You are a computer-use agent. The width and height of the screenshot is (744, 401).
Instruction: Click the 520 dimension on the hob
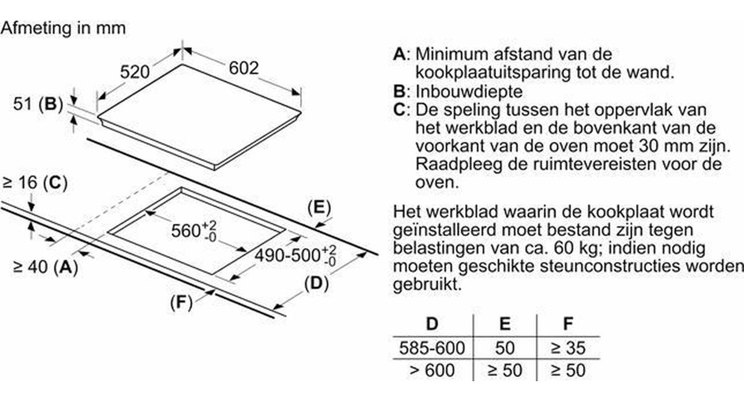tap(135, 72)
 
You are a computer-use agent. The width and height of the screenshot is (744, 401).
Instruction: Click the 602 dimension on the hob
tap(244, 68)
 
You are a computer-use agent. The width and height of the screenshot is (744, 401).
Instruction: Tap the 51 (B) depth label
tap(38, 104)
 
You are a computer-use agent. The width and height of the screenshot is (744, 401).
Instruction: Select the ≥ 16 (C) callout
tap(35, 183)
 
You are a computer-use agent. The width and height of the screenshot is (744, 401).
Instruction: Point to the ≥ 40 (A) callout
tap(45, 267)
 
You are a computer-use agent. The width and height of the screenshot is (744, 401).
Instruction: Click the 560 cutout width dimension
tap(194, 231)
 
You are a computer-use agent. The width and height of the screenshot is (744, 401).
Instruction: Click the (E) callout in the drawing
tap(319, 208)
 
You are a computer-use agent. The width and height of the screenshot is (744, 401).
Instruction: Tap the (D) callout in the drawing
tap(317, 284)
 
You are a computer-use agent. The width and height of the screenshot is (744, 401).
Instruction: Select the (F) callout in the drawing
tap(181, 302)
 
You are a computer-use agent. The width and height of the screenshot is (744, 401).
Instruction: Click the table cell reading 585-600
tap(432, 348)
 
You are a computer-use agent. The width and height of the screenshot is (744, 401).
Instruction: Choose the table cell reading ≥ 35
tap(568, 348)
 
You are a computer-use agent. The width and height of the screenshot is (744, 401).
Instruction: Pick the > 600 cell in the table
tap(432, 370)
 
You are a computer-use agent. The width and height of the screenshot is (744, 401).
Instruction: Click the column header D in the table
tap(432, 323)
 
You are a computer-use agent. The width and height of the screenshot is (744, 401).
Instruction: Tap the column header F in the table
tap(568, 323)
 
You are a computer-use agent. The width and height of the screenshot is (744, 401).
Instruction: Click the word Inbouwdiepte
tap(469, 92)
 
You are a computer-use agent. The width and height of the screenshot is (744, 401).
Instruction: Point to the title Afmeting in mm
tap(63, 28)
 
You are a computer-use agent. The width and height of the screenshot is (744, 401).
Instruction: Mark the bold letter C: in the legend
tap(401, 110)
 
